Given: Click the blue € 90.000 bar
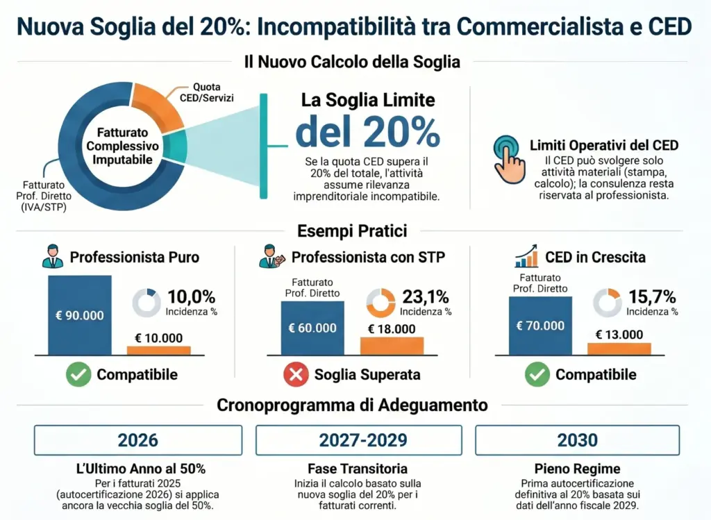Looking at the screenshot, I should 79,315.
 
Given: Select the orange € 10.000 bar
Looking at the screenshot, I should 158,351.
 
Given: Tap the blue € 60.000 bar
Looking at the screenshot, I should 312,328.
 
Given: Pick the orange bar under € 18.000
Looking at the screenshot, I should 392,346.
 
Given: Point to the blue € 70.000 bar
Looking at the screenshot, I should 540,326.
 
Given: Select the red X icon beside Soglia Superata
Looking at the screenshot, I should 296,375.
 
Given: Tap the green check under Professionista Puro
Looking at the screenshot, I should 78,375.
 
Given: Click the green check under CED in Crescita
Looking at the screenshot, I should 537,375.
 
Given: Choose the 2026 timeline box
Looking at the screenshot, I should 138,440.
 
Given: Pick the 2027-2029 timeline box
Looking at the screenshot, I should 359,440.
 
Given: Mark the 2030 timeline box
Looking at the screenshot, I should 577,440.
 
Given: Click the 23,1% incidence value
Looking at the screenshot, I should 426,296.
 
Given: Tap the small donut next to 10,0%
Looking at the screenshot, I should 147,302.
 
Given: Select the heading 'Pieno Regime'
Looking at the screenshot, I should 577,469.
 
